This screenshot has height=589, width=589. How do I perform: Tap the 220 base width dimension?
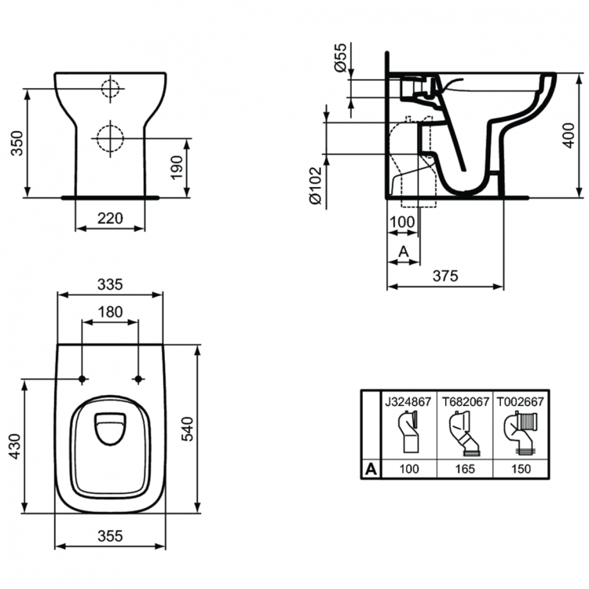click(x=111, y=218)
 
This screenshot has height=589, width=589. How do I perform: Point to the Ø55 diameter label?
click(x=340, y=57)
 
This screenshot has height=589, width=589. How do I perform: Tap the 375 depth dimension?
click(x=445, y=275)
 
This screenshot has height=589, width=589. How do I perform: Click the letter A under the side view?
click(x=404, y=251)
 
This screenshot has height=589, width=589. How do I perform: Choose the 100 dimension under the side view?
click(x=402, y=222)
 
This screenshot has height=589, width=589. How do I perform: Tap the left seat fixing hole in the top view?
click(x=82, y=379)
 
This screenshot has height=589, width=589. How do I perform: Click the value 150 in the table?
click(x=520, y=469)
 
